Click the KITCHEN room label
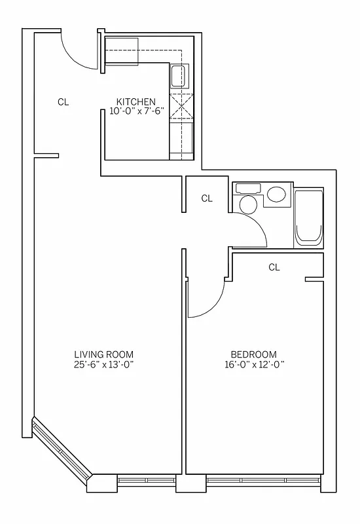click(x=135, y=102)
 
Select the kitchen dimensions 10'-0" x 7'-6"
click(x=135, y=111)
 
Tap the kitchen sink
click(x=178, y=77)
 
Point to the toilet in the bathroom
click(x=248, y=204)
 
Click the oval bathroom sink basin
click(x=276, y=195)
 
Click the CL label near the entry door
click(x=63, y=102)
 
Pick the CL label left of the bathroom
click(x=207, y=198)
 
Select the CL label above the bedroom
click(x=274, y=267)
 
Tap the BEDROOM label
click(x=254, y=354)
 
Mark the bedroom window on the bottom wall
click(x=262, y=481)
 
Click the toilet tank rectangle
click(x=247, y=188)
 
